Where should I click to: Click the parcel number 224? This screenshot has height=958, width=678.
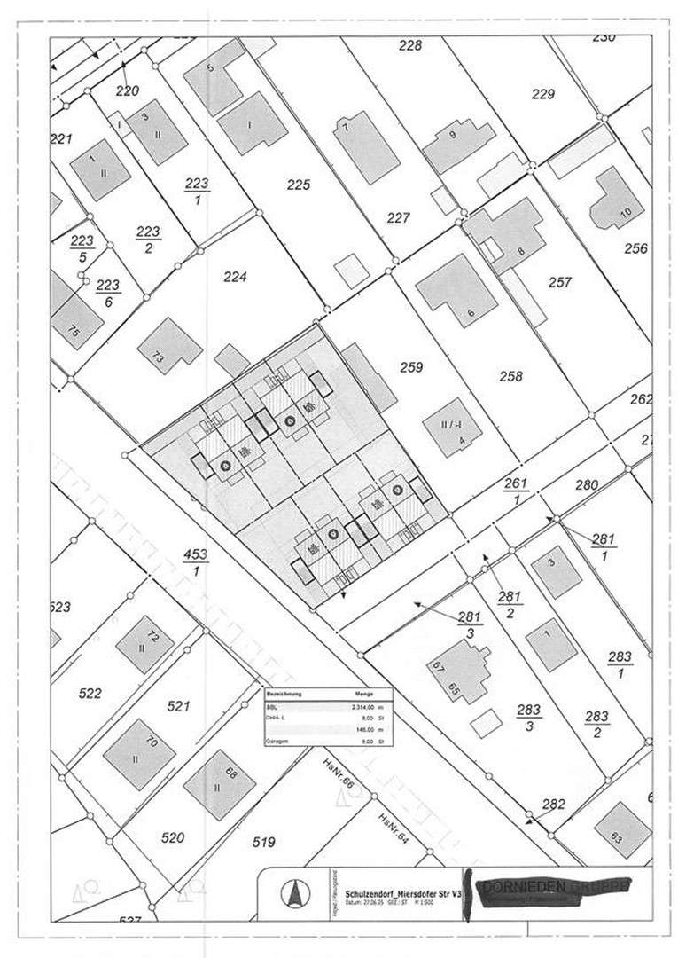point(234,277)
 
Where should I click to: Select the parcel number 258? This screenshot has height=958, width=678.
point(510,376)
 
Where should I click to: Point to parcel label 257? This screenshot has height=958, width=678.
point(559,282)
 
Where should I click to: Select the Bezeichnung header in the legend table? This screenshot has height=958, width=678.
point(286,695)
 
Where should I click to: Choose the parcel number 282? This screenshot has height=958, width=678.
point(553,805)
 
